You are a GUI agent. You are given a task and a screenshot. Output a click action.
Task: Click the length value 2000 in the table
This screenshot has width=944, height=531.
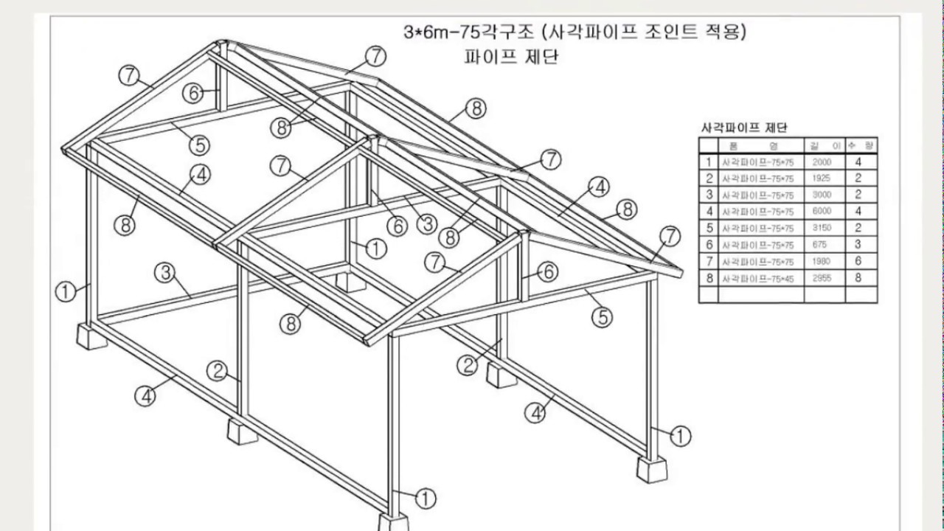(822, 162)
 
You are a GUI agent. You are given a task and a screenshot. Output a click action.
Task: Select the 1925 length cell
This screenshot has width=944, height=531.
(822, 178)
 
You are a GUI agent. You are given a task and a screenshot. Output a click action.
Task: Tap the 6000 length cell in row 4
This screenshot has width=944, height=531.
(822, 212)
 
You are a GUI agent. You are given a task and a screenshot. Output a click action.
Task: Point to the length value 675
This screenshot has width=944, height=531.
(819, 245)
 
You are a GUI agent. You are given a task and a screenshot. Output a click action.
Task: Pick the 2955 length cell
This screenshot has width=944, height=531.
(822, 278)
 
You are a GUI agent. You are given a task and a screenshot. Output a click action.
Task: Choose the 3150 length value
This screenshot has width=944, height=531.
(822, 228)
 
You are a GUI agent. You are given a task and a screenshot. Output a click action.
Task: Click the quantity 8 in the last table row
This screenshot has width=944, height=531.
(858, 278)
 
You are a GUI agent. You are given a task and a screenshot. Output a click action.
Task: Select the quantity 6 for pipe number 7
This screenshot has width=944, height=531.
(858, 261)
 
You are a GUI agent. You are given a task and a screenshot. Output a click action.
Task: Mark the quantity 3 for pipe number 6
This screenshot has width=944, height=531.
(858, 245)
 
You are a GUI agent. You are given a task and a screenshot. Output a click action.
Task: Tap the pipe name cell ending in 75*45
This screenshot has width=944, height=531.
(757, 279)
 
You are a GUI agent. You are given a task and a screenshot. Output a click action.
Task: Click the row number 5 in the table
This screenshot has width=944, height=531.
(709, 228)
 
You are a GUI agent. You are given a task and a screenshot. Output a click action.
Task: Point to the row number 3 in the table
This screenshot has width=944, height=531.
(709, 195)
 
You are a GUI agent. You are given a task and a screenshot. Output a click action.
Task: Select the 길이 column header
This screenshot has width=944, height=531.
(822, 145)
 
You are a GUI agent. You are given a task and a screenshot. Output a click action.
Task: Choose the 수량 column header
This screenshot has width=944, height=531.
(858, 145)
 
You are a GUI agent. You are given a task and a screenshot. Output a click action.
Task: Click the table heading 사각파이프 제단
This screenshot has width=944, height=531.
(743, 128)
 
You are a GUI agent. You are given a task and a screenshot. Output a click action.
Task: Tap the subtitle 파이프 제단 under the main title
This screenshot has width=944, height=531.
(510, 57)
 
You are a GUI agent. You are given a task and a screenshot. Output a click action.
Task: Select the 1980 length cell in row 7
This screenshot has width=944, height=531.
(822, 261)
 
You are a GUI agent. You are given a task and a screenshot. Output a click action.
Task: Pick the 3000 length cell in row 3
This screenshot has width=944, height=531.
(822, 195)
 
